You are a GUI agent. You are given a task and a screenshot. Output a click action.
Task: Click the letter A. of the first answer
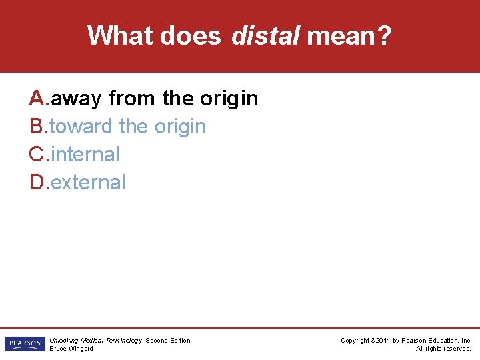pos(39,99)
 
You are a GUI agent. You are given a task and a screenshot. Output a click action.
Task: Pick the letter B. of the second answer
pos(38,126)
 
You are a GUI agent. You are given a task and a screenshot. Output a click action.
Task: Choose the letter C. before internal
pos(39,154)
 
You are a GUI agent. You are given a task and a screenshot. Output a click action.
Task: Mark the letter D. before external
pos(39,182)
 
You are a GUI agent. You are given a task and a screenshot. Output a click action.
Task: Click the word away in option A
pos(76,99)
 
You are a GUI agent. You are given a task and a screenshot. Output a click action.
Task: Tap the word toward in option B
pos(81,126)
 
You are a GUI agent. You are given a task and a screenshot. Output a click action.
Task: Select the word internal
pos(85,154)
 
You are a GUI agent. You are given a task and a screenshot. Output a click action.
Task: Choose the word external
pos(88,182)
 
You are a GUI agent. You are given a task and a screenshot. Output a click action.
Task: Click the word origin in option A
pos(229,99)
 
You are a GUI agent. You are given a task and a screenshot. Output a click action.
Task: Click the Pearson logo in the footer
pos(23,344)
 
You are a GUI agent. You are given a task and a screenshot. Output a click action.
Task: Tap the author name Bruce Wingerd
pos(71,349)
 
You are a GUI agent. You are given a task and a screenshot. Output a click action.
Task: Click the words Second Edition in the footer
pos(168,340)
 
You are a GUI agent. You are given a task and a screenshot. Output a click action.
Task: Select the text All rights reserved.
pos(443,349)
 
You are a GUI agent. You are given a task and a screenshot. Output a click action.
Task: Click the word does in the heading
pos(189,35)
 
